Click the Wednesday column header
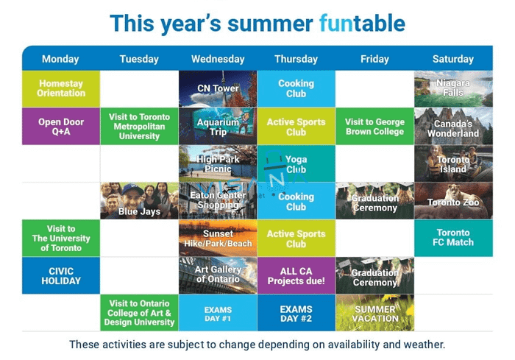point(218,59)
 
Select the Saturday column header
point(453,59)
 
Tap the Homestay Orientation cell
point(61,89)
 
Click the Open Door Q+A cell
point(61,126)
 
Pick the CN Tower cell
point(218,89)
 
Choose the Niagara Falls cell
point(453,89)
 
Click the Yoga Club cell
point(296,163)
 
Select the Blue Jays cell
point(139,201)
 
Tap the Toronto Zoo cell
point(453,201)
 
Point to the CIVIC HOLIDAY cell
point(61,275)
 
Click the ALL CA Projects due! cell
point(296,275)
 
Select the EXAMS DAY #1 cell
point(218,313)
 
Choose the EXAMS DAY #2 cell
point(296,313)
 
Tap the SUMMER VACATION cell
point(374,313)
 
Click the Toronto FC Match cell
point(453,238)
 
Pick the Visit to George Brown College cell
point(374,126)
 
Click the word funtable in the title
point(362,24)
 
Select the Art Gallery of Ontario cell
point(218,275)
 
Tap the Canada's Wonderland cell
point(453,126)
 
